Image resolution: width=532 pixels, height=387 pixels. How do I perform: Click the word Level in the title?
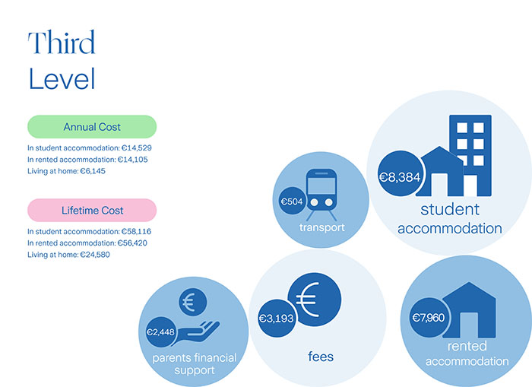coord(62,78)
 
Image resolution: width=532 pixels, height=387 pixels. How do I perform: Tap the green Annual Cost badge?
coord(92,127)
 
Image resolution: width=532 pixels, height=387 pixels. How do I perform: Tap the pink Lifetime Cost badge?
coord(92,210)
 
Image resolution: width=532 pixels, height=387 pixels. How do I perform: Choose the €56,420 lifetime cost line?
coord(90,243)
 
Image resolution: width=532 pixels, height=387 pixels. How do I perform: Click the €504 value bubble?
coord(292,201)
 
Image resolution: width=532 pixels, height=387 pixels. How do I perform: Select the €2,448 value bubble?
coord(161,332)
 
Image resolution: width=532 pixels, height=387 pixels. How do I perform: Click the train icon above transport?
coord(322,192)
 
